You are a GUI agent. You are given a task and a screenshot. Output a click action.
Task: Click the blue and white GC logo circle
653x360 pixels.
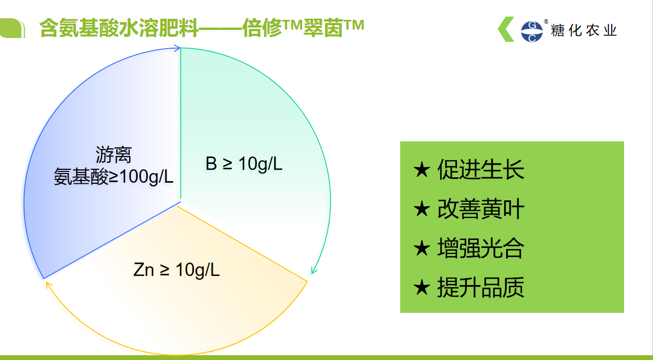tap(532, 32)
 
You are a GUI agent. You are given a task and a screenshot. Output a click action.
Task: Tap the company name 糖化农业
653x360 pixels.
tap(584, 31)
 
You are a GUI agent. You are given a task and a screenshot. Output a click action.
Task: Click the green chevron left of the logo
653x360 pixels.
tap(506, 29)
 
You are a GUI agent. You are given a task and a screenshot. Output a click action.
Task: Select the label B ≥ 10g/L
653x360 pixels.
tap(244, 164)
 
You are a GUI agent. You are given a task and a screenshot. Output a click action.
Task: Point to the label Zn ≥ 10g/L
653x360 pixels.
tap(176, 270)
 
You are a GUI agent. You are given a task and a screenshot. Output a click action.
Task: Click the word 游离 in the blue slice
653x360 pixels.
tap(114, 154)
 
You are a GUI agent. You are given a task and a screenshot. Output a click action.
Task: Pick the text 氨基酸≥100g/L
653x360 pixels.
tap(114, 177)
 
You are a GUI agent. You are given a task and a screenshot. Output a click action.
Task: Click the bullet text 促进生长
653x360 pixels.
tap(481, 169)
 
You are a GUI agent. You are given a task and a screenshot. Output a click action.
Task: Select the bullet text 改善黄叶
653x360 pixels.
tap(481, 209)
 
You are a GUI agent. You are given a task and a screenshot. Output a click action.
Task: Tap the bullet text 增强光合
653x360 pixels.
tap(481, 248)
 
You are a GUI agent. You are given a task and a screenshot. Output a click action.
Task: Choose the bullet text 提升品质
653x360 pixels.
tap(481, 288)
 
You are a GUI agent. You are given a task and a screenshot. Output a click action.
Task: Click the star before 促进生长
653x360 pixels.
tap(422, 170)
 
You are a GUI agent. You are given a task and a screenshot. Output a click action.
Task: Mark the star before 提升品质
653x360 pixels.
tap(422, 288)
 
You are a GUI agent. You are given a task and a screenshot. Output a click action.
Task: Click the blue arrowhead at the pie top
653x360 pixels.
tap(177, 48)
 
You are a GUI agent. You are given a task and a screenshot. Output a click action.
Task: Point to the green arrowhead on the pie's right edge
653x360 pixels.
tap(314, 270)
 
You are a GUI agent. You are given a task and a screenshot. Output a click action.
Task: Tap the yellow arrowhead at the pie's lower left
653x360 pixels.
tap(49, 286)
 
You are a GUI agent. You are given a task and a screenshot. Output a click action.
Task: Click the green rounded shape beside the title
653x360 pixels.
tap(12, 28)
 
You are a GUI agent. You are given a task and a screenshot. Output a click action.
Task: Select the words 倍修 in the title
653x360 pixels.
tap(262, 28)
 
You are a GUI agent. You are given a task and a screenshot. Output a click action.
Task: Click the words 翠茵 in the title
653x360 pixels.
tap(323, 28)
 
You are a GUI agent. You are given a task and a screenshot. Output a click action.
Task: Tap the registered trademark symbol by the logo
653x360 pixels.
tap(546, 21)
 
